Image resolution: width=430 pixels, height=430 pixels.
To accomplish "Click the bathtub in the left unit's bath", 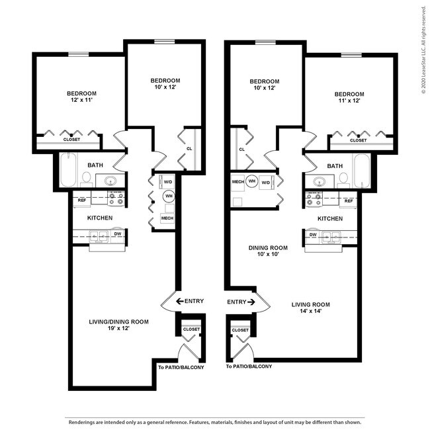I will (x=67, y=171).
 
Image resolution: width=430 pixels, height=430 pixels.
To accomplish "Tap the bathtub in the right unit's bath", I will (x=363, y=171).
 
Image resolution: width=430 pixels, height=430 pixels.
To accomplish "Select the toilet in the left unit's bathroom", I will (x=86, y=178).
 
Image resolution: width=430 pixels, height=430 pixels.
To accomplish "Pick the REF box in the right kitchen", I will (x=348, y=200).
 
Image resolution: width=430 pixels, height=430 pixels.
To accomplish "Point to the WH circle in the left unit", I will (x=169, y=196).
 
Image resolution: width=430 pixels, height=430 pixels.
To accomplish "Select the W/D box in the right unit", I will (x=265, y=182).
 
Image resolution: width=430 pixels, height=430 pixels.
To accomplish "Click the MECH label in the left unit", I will (x=167, y=218).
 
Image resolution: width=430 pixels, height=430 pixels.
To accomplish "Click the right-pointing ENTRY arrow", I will (x=252, y=302).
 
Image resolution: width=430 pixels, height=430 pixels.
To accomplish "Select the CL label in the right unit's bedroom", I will (x=242, y=149).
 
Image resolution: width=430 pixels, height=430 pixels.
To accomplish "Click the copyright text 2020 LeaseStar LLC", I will (x=423, y=53).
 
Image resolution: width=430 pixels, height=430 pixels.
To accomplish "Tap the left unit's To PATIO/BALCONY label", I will (x=181, y=367).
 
